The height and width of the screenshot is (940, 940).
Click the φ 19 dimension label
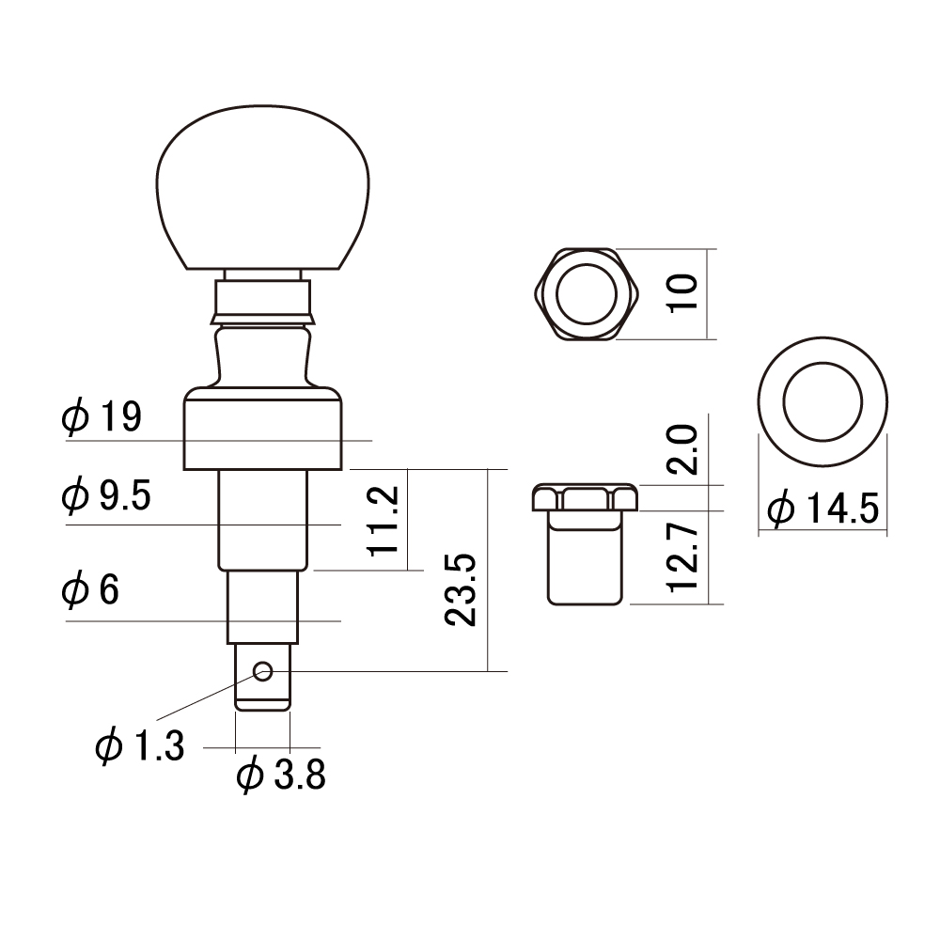[x=102, y=416]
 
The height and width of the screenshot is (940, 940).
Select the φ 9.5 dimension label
[x=106, y=495]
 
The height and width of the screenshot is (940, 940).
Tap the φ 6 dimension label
[x=90, y=589]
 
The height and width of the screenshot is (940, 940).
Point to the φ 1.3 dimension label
[x=140, y=745]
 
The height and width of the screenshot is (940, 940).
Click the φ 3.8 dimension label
[x=281, y=775]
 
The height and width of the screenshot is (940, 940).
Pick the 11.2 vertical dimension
[x=384, y=521]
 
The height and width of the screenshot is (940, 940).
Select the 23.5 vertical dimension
[x=461, y=590]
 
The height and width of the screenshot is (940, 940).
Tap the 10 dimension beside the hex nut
[x=682, y=292]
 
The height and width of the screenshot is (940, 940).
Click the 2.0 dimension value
[x=682, y=449]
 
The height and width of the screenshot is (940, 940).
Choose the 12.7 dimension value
[x=682, y=557]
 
